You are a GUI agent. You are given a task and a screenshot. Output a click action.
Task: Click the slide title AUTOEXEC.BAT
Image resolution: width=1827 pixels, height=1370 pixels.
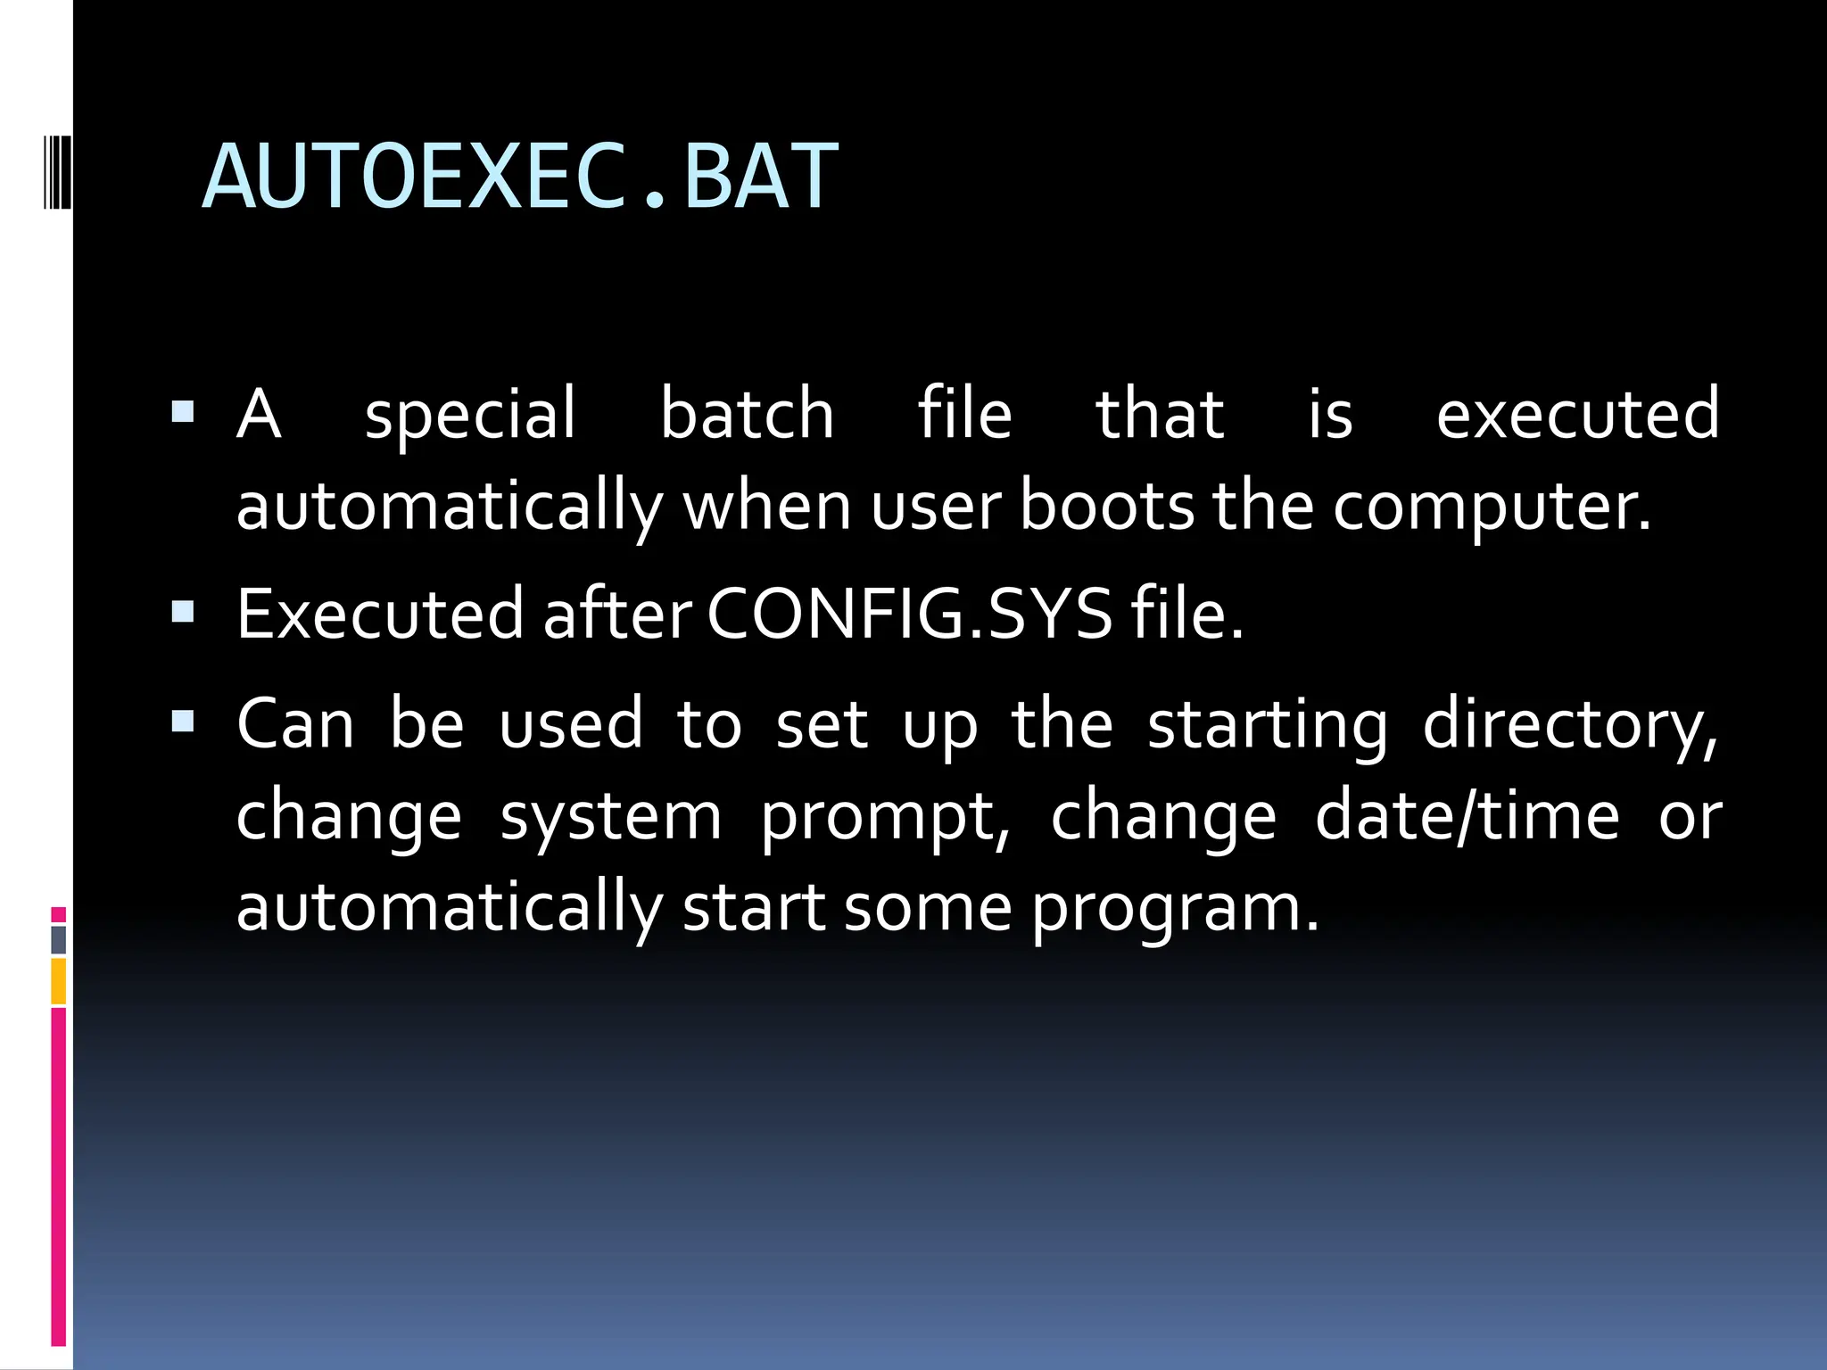(520, 177)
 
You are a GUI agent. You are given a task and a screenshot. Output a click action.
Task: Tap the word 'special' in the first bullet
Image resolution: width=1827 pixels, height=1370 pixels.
(470, 415)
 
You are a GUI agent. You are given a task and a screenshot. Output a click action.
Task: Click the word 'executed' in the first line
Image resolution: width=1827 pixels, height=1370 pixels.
(1577, 414)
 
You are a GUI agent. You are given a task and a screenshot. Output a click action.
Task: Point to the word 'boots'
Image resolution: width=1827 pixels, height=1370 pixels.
(1105, 506)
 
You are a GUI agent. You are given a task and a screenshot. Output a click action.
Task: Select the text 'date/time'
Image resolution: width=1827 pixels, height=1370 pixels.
(1467, 815)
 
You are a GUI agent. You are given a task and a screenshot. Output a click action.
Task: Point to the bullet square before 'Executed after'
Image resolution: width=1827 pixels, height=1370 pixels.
(183, 611)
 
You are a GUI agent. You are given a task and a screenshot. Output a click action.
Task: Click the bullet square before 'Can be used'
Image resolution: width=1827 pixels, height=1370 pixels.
(183, 721)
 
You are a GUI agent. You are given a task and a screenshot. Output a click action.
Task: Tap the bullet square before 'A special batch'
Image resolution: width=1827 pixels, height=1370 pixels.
(183, 411)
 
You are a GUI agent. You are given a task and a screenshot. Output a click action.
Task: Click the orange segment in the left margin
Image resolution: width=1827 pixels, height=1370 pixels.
(58, 981)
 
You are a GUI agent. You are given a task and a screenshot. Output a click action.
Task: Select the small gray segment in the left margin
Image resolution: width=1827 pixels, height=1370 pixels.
(58, 939)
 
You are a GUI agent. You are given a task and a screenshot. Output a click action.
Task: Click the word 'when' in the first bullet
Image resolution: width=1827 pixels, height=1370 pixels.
(766, 506)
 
